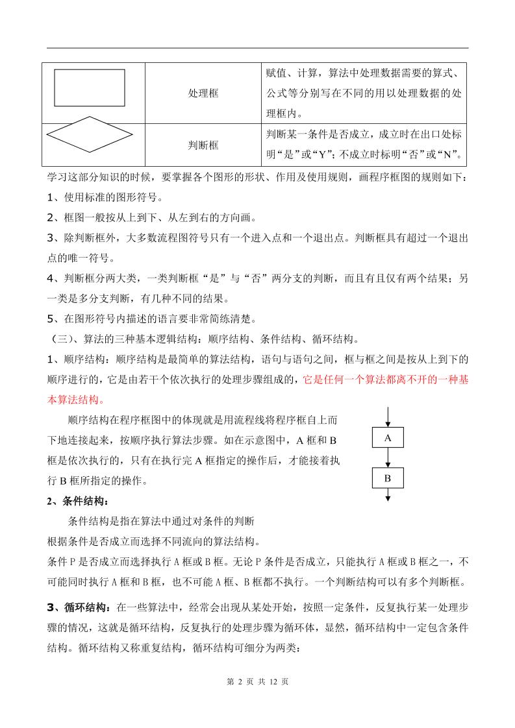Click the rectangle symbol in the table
[x=90, y=88]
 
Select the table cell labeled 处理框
[x=203, y=93]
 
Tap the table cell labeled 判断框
[x=203, y=145]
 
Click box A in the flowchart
[x=388, y=438]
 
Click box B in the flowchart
[x=388, y=478]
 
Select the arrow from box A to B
[x=388, y=458]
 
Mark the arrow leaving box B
[x=388, y=494]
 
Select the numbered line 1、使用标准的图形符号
[x=105, y=197]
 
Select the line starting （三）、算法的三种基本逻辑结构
[x=204, y=339]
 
